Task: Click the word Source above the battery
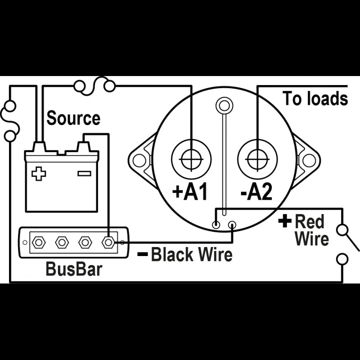click(x=73, y=118)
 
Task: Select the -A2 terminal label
click(x=256, y=192)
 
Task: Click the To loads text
click(x=315, y=99)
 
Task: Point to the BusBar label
click(x=74, y=269)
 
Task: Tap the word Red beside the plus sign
click(x=310, y=221)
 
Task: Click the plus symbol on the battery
click(x=39, y=174)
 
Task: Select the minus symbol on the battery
click(x=84, y=173)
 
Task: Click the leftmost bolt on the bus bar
click(x=39, y=243)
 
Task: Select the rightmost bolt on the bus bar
click(x=108, y=243)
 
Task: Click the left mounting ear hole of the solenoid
click(x=139, y=160)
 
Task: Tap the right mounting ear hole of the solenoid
click(x=308, y=160)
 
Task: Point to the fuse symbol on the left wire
click(x=10, y=121)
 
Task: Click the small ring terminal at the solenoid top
click(x=224, y=106)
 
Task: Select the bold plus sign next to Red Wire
click(x=285, y=221)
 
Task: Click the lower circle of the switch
click(x=343, y=259)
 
